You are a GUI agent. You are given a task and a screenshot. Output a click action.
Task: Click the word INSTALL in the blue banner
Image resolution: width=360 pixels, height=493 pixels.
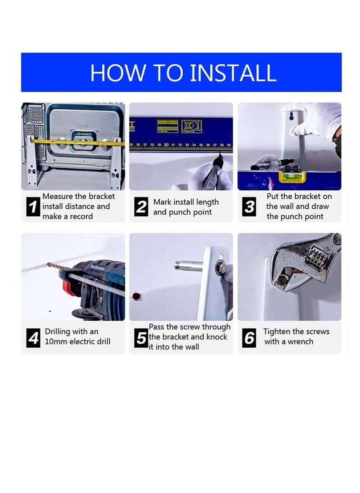[x=232, y=73]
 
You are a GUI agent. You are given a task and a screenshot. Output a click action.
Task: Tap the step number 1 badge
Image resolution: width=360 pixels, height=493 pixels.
[x=33, y=207]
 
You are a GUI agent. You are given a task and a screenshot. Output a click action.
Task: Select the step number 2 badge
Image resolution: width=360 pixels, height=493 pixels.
[x=141, y=207]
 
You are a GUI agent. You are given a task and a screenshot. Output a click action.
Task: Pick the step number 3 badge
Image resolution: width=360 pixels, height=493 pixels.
[x=249, y=207]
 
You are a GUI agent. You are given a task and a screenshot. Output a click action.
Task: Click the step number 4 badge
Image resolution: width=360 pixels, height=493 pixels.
[x=33, y=337]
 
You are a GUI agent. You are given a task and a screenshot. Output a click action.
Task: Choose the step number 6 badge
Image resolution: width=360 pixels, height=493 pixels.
[x=249, y=337]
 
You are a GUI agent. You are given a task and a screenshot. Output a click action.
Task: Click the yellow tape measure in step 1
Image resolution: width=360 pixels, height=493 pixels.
[x=76, y=143]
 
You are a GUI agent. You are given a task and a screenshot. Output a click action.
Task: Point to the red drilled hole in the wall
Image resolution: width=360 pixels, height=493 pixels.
[x=135, y=296]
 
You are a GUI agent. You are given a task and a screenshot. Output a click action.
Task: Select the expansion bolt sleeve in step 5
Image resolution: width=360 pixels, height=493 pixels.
[x=189, y=266]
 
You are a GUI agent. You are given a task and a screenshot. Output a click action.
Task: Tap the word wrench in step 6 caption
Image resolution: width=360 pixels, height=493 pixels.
[x=300, y=342]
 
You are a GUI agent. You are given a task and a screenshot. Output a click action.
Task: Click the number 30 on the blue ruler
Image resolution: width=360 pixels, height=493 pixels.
[x=166, y=145]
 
